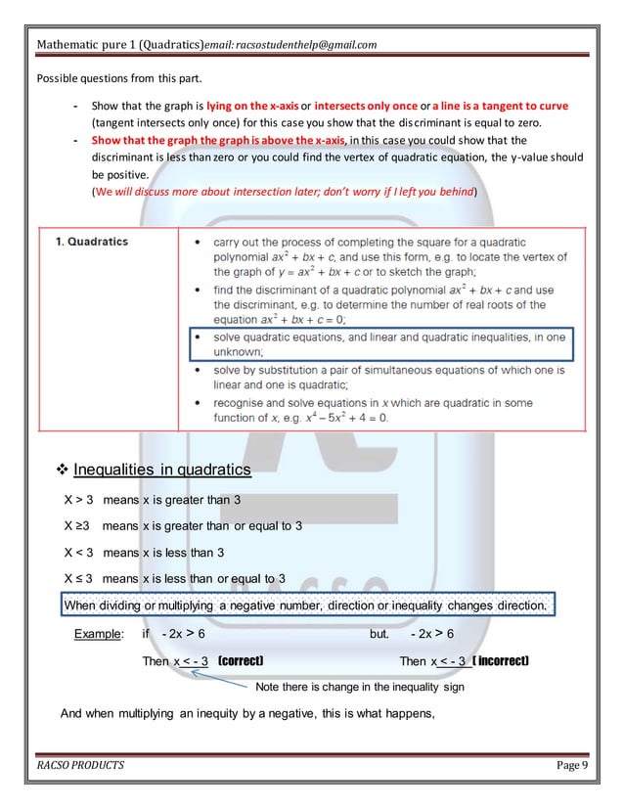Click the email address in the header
pos(290,44)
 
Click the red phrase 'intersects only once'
pos(370,106)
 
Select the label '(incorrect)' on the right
pos(501,661)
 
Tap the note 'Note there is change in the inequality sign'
pos(359,687)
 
